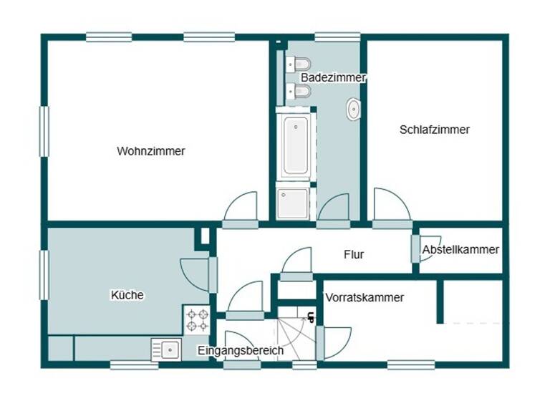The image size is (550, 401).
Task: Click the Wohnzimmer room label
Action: [x=151, y=151]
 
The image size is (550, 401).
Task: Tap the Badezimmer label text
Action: [x=333, y=77]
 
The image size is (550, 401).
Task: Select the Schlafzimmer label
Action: [x=435, y=130]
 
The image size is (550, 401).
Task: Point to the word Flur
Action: [x=354, y=254]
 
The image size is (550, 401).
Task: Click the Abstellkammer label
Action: [x=460, y=250]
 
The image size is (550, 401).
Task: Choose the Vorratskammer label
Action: [x=365, y=297]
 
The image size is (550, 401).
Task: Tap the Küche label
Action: [x=127, y=294]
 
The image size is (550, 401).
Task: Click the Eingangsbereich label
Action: [x=241, y=351]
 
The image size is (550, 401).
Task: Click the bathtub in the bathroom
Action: [x=295, y=146]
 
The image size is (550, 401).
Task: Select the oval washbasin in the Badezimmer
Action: [x=354, y=110]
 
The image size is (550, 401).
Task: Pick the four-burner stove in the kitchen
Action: [x=198, y=319]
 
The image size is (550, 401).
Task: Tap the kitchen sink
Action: [x=168, y=349]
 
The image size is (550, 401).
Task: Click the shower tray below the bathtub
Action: [x=294, y=203]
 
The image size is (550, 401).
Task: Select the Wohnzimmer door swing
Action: [x=241, y=209]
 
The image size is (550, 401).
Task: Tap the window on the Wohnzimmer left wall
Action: [x=44, y=132]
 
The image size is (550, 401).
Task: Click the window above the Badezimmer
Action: [x=337, y=37]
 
